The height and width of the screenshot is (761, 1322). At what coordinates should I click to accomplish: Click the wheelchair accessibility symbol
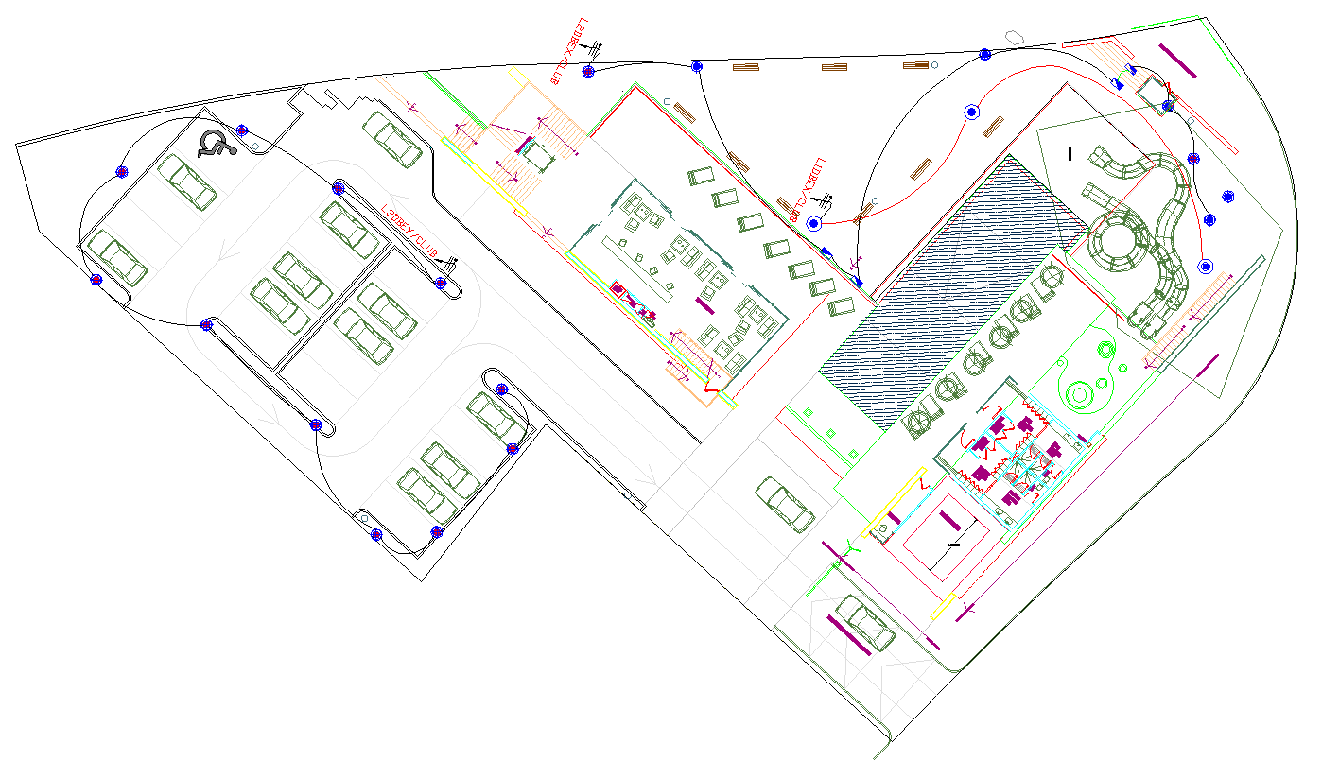pos(216,144)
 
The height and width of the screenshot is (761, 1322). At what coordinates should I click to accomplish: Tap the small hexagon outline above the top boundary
pos(1015,36)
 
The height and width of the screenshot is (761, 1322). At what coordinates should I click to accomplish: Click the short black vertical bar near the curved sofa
pos(1070,152)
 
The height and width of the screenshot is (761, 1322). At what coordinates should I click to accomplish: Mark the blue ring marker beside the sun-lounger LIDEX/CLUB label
pos(812,223)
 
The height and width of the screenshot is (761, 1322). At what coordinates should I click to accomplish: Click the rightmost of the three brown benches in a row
pos(915,65)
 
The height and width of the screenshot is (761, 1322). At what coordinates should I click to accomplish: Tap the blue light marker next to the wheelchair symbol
pos(242,130)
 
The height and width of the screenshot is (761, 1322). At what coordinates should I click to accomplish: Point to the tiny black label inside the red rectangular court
pos(951,545)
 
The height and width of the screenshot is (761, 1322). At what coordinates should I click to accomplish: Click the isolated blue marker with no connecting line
pos(1227,197)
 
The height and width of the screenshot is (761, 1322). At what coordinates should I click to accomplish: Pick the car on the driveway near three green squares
pos(784,504)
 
